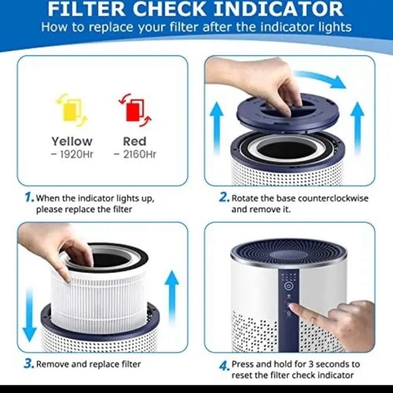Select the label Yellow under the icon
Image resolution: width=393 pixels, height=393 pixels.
(x=71, y=141)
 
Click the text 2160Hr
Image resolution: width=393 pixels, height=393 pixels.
(x=137, y=154)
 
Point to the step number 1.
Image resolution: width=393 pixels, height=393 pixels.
(x=29, y=198)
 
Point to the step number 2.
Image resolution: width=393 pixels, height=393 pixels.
(x=224, y=198)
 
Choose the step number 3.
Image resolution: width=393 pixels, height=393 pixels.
(x=29, y=363)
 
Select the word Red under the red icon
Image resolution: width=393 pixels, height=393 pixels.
(x=134, y=141)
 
